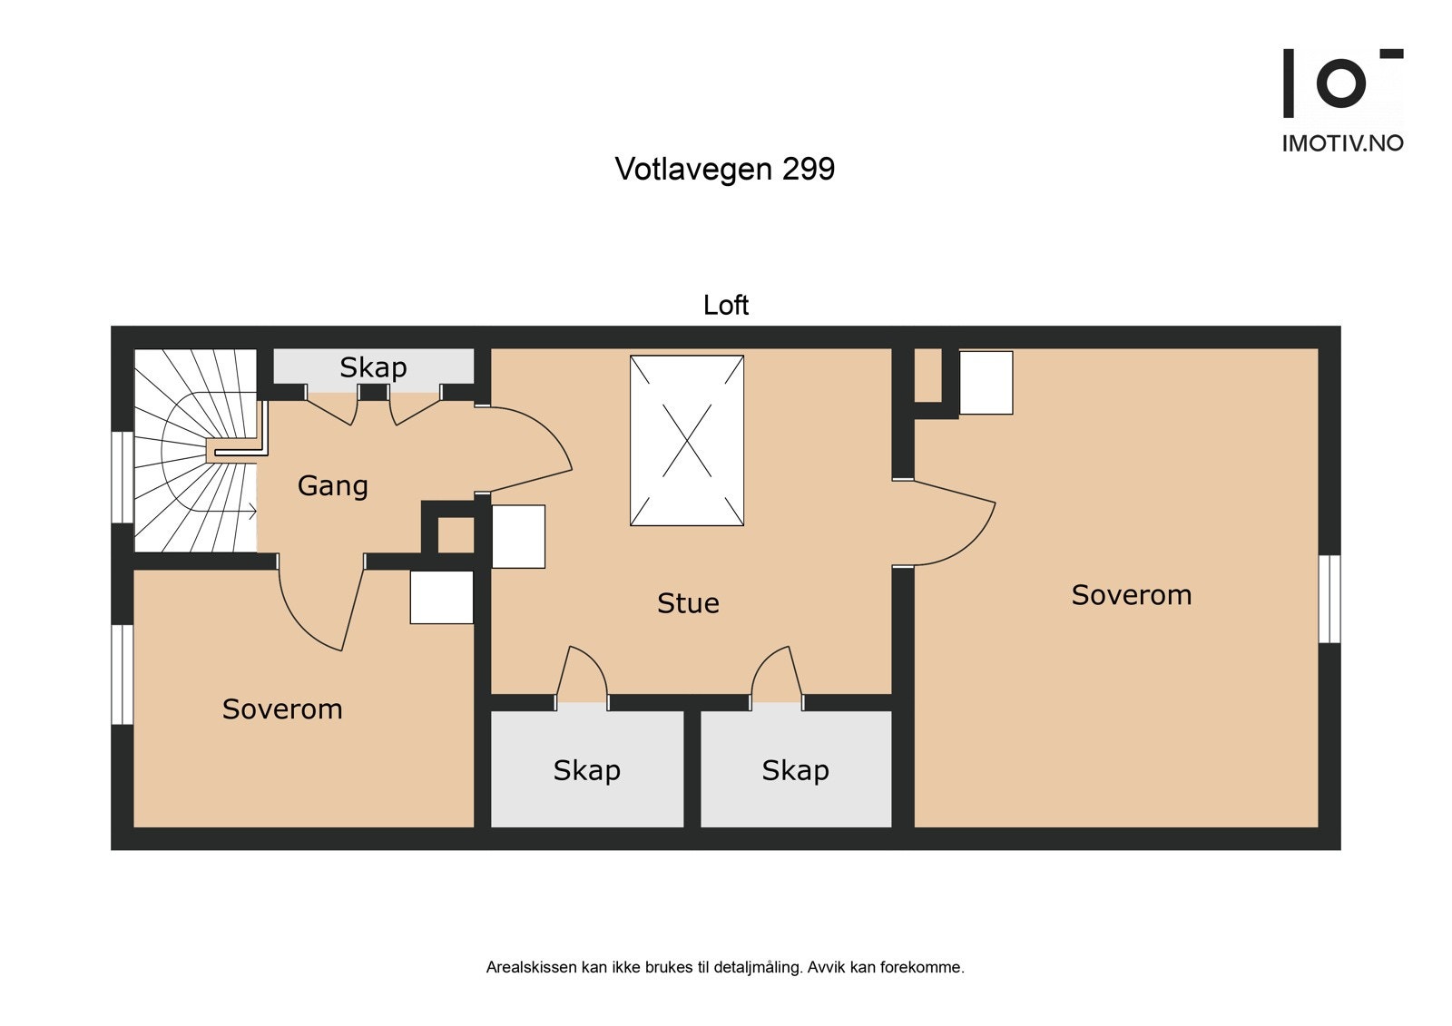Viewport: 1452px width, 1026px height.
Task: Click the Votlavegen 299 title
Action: tap(724, 169)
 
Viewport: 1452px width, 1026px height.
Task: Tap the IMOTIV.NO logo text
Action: tap(1342, 142)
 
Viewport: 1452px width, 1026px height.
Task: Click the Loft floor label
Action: tap(725, 305)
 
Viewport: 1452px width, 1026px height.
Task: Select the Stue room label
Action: tap(688, 603)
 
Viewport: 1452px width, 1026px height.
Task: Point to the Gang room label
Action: tap(332, 486)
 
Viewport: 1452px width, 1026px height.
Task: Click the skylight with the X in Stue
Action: tap(687, 441)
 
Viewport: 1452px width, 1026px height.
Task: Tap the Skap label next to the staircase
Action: tap(373, 367)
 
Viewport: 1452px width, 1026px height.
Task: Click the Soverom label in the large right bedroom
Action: tap(1131, 595)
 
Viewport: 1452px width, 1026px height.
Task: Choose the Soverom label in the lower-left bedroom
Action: tap(282, 709)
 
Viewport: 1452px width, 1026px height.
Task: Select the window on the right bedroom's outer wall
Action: tap(1329, 599)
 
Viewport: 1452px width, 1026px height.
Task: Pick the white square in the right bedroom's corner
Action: tap(986, 383)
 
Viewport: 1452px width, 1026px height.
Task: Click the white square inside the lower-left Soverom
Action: tap(441, 597)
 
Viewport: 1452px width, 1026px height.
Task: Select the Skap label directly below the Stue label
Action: tap(586, 770)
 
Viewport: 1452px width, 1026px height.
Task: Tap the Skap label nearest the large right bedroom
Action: tap(795, 770)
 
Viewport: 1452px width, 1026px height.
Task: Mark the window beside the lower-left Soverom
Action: tap(122, 674)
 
